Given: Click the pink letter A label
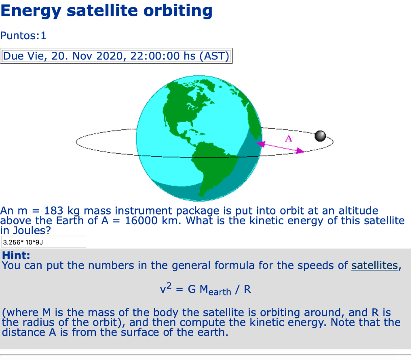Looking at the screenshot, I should (x=288, y=139).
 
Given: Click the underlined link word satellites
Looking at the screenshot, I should (x=374, y=266).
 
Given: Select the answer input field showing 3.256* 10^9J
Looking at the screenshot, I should (x=43, y=242).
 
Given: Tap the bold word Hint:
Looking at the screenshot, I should (x=16, y=256).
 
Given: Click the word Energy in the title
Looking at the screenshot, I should (x=30, y=11).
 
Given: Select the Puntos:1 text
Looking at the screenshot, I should (x=23, y=36).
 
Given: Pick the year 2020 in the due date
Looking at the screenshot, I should (x=110, y=56).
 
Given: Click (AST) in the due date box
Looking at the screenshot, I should (x=214, y=56).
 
